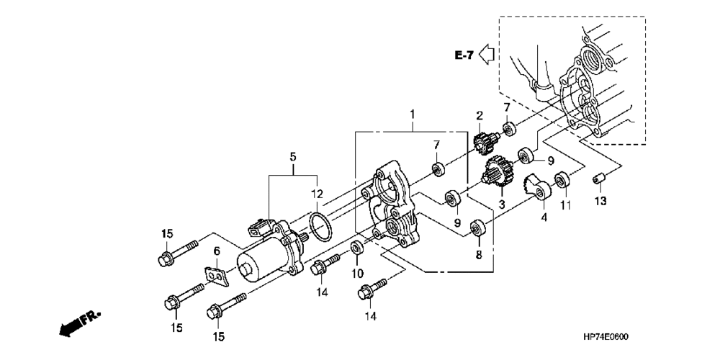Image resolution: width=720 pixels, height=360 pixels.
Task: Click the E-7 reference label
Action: pos(464,55)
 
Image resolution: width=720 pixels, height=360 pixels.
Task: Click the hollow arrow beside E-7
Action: pos(487,54)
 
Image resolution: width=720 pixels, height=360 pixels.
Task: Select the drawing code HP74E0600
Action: pos(611,336)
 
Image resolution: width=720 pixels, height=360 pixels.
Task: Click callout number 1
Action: pos(413,114)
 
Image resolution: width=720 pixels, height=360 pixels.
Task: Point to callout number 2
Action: pos(479,116)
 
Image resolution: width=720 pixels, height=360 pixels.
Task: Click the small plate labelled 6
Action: pos(215,274)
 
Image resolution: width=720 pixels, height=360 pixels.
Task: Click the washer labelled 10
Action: pos(356,248)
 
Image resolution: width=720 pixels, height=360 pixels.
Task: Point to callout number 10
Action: pos(357,274)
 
